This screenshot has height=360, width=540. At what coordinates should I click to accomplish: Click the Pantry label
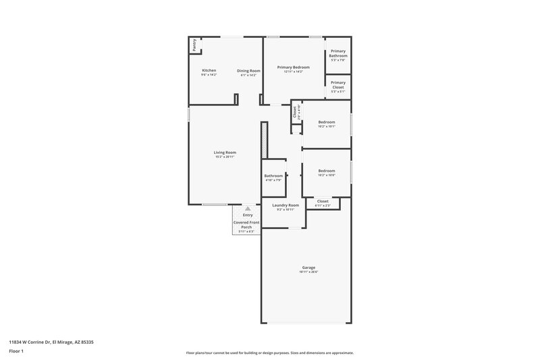tap(194, 45)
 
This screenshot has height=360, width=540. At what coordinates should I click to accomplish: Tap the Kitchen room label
tap(209, 70)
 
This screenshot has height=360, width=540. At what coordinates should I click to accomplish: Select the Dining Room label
tap(248, 70)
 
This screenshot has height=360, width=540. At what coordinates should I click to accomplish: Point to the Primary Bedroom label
tap(294, 67)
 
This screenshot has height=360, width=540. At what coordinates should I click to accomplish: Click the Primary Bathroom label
tap(338, 53)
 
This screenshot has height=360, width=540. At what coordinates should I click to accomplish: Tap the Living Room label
tap(225, 152)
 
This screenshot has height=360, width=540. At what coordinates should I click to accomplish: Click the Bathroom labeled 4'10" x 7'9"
tap(273, 176)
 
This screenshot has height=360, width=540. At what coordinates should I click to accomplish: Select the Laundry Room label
tap(285, 205)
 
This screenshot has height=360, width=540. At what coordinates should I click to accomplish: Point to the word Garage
tap(308, 267)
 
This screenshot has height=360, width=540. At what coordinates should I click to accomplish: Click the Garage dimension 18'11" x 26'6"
tap(308, 272)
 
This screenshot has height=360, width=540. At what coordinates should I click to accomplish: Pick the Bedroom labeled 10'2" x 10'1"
tap(327, 122)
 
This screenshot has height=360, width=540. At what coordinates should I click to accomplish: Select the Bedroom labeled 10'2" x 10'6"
tap(327, 171)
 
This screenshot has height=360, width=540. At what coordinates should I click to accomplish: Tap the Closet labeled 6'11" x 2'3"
tap(323, 201)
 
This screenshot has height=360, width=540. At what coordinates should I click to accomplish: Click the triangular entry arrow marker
tap(248, 209)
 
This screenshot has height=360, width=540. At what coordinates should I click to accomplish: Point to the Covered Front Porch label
tap(246, 224)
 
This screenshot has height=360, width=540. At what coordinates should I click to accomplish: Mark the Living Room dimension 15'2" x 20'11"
tap(225, 156)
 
